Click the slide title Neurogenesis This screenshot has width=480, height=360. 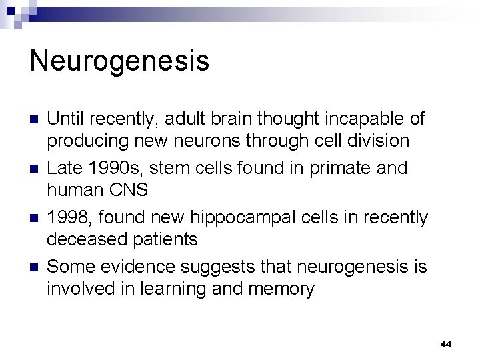[119, 61]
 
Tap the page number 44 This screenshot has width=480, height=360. [446, 344]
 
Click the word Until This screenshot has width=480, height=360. [65, 119]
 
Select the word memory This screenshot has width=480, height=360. [282, 289]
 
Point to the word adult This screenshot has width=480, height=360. [189, 119]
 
